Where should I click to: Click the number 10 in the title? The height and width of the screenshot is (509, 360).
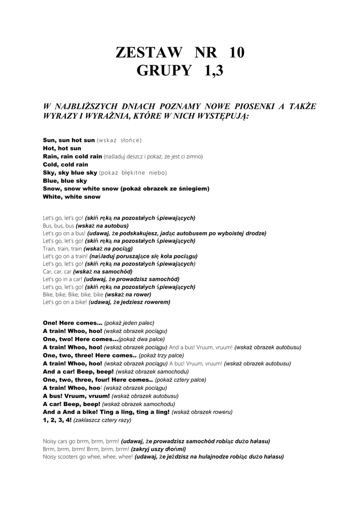[235, 53]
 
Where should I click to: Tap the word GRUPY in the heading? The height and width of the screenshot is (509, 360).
[164, 71]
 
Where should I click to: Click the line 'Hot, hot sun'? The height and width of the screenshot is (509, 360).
[62, 148]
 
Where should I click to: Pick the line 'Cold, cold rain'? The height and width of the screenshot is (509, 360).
[65, 165]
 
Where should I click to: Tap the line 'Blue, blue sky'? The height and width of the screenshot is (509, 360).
[65, 181]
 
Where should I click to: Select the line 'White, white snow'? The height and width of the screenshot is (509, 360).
[72, 197]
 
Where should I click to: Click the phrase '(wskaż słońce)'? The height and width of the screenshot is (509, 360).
[119, 140]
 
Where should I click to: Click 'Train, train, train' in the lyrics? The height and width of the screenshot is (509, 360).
[62, 249]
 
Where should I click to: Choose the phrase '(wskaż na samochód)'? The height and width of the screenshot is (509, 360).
[103, 271]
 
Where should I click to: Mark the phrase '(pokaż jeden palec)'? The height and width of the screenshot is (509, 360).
[129, 323]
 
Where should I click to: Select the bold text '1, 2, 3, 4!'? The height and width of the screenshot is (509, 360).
[58, 420]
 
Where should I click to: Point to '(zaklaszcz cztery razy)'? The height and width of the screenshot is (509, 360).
[102, 420]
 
